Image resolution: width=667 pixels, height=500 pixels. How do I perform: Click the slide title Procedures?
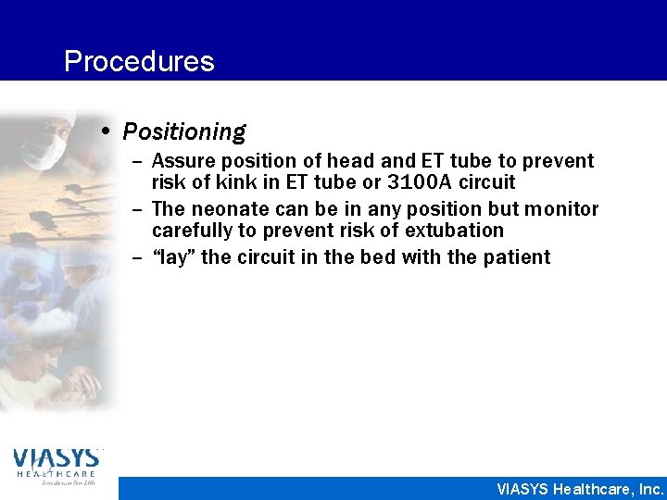(x=139, y=61)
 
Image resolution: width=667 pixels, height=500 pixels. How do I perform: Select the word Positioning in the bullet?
(x=183, y=132)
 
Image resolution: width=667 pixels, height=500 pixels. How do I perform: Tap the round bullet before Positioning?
(x=108, y=131)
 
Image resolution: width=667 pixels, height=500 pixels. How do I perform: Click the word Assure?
(x=181, y=161)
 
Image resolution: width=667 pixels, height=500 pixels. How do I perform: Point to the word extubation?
(x=451, y=230)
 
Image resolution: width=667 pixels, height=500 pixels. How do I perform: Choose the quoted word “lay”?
(x=173, y=257)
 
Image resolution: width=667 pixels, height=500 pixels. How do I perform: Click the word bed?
(x=375, y=257)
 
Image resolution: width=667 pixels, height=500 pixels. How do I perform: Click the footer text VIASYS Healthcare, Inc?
(x=580, y=489)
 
